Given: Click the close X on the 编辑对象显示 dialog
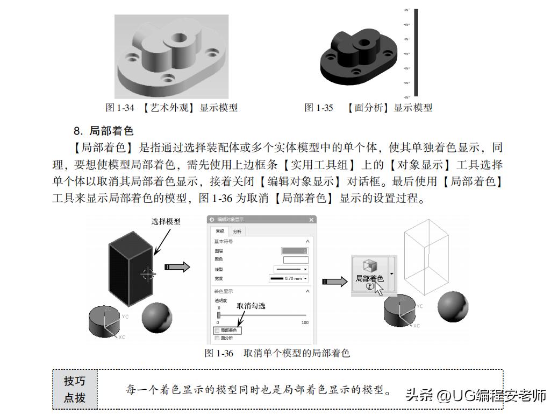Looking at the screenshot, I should click(x=311, y=220).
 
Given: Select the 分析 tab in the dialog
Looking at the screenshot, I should click(x=237, y=231).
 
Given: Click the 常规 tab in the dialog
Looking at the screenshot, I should click(x=219, y=231).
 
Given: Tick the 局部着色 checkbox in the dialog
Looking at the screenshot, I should click(x=217, y=330).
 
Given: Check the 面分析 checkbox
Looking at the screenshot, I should click(x=217, y=338).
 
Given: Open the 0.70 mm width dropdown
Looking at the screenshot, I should click(x=289, y=278).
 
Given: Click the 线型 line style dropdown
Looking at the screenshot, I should click(x=291, y=269).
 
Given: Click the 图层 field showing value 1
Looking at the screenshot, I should click(x=295, y=251).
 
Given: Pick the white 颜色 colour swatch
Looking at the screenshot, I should click(x=296, y=259).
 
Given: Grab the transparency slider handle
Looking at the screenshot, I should click(x=218, y=315).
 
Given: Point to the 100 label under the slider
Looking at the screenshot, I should click(x=305, y=322).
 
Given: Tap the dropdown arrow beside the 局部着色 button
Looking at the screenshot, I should click(x=391, y=273).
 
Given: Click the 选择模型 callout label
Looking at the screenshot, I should click(x=166, y=221).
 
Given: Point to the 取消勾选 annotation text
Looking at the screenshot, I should click(x=251, y=305).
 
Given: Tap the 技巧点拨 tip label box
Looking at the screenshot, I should click(x=75, y=389).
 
